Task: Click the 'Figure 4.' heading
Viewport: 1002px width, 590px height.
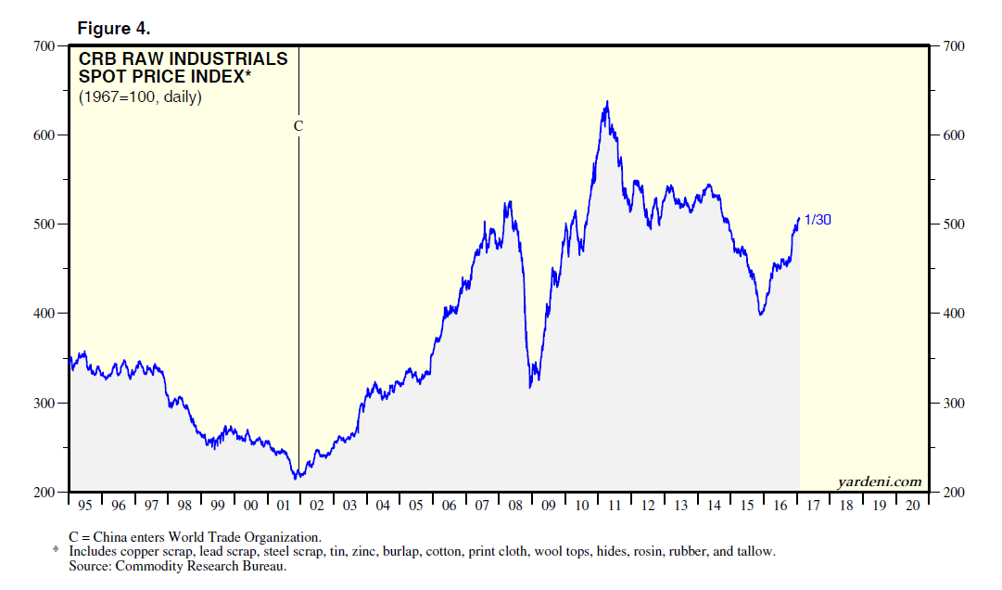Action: point(113,28)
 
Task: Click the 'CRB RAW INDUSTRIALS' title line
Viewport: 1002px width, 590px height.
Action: point(183,59)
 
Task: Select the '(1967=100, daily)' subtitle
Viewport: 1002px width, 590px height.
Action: point(140,96)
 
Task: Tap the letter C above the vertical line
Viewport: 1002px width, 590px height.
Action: point(298,125)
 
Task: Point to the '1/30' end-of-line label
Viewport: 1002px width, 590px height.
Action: point(818,219)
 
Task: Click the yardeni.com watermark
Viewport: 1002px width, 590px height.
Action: point(879,481)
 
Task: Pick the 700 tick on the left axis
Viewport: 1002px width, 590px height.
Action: point(44,45)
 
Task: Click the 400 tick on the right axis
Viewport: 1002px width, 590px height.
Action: point(954,314)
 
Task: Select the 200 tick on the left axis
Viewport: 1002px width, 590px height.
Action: point(44,492)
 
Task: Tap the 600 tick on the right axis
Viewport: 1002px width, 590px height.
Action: point(954,135)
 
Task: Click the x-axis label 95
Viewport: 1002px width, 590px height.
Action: point(85,506)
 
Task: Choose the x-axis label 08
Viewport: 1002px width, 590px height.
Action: point(515,506)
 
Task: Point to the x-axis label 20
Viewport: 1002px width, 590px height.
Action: point(912,506)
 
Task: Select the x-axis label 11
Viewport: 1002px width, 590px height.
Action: point(615,506)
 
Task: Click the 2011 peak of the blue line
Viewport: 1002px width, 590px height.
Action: point(607,102)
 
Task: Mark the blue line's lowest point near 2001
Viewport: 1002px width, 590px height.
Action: point(296,478)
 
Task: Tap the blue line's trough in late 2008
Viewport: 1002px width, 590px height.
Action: point(530,386)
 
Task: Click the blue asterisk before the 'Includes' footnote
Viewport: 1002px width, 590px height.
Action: point(56,552)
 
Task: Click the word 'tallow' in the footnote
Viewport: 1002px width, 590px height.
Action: point(754,551)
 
